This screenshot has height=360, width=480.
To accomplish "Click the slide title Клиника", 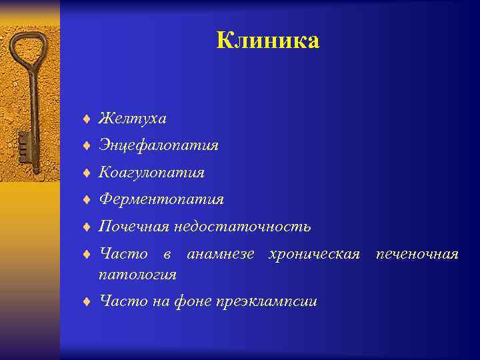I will (x=268, y=41).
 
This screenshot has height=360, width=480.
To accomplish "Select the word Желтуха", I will (x=133, y=119).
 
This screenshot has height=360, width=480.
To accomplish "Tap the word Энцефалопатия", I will (x=159, y=145).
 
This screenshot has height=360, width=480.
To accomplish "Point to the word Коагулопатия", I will (x=151, y=173).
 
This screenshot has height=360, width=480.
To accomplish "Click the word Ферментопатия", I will (x=161, y=199).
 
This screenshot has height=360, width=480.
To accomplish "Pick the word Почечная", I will (x=134, y=227).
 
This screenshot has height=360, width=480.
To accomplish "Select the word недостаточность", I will (x=242, y=227).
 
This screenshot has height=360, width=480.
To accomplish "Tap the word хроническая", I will (x=313, y=254).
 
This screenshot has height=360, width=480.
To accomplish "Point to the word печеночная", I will (x=417, y=254).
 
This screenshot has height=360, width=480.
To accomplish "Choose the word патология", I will (x=137, y=274).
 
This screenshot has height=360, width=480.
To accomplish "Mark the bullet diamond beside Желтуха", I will (x=86, y=119).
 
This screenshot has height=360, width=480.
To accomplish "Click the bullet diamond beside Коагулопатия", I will (x=86, y=173).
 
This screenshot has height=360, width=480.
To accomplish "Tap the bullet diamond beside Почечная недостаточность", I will (x=86, y=227).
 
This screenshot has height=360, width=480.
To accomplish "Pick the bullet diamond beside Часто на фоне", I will (x=86, y=302).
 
